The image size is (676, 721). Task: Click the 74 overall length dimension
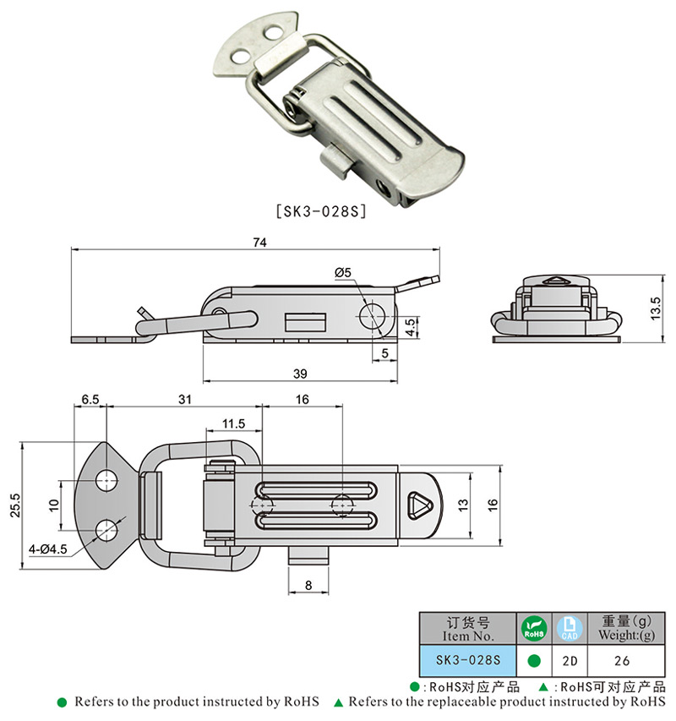259,243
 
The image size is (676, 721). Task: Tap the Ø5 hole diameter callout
343,273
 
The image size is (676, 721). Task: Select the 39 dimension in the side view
300,374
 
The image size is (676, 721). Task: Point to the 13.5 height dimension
656,309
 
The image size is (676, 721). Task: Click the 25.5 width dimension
15,505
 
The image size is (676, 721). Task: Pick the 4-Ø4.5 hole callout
48,549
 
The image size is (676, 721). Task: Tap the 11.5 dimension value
233,423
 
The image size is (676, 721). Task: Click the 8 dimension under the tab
308,586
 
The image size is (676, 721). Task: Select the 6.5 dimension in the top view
90,399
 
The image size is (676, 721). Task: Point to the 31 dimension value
185,399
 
